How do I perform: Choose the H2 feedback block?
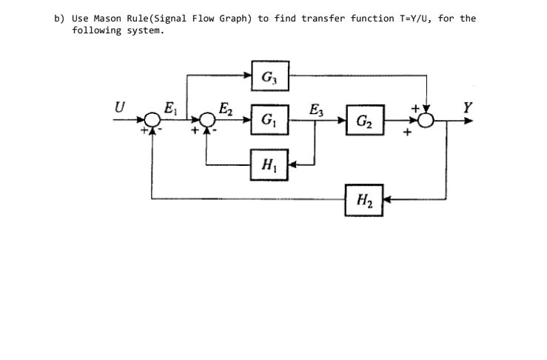[x=364, y=198]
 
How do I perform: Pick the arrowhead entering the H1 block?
[x=292, y=163]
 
